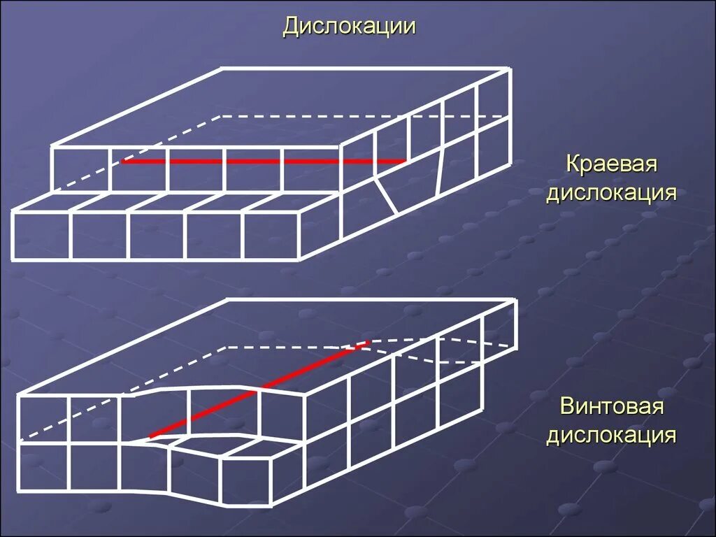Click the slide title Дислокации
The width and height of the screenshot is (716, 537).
[x=349, y=27]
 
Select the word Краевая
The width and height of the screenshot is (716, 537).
[x=612, y=166]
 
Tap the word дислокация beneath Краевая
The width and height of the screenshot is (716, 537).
[x=611, y=193]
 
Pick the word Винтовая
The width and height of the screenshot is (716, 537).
[x=611, y=408]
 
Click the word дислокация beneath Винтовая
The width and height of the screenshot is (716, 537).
[x=611, y=435]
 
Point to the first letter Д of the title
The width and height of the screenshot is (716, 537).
[x=291, y=27]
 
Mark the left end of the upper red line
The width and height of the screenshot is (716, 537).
[x=123, y=162]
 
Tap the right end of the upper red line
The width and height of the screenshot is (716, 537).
[x=406, y=162]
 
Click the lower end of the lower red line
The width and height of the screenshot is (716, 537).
[x=150, y=437]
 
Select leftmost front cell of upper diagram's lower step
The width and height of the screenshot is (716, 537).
[x=41, y=236]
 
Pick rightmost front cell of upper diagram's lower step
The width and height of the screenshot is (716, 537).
[x=271, y=236]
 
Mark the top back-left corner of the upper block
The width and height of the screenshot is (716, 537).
[x=222, y=69]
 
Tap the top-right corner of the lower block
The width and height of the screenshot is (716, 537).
[x=515, y=301]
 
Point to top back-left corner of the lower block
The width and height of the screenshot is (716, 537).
[x=227, y=301]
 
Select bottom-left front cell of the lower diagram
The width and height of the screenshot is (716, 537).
[x=43, y=466]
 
